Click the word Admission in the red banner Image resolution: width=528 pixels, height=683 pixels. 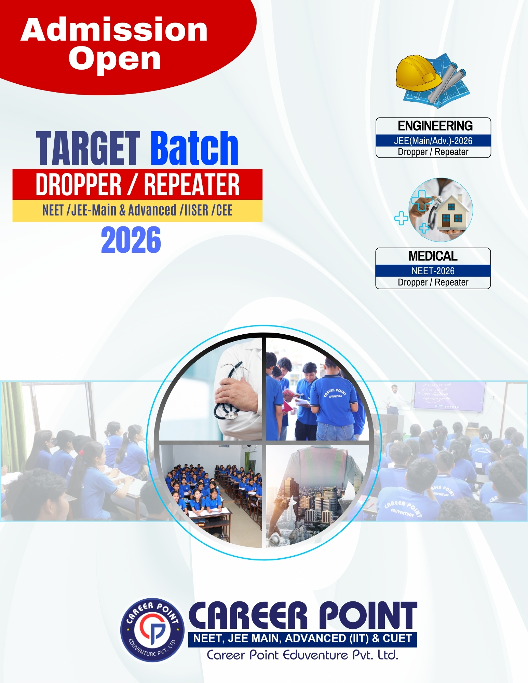(114, 30)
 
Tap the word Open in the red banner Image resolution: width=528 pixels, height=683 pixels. (114, 59)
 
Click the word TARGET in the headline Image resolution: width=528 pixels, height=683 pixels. (88, 148)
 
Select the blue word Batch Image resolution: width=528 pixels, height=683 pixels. (194, 148)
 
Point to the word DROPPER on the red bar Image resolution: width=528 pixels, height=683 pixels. (79, 185)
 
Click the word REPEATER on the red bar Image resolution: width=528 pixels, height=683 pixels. (192, 185)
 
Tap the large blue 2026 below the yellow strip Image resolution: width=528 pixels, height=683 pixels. (131, 240)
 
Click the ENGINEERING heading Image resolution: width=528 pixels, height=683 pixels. (435, 126)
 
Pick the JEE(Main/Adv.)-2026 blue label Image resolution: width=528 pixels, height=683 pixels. (433, 141)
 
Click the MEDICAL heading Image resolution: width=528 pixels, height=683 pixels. (433, 256)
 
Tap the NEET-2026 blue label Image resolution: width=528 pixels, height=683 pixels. (433, 271)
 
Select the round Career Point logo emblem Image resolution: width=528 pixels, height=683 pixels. (152, 630)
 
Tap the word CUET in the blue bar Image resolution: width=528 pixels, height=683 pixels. (397, 639)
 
